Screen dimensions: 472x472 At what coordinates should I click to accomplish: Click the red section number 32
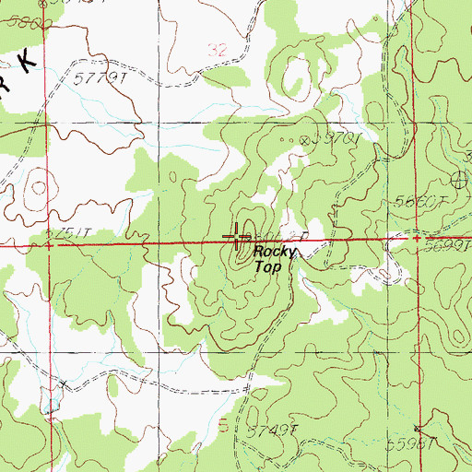[x=218, y=53]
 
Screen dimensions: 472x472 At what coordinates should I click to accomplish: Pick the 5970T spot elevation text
[x=336, y=139]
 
